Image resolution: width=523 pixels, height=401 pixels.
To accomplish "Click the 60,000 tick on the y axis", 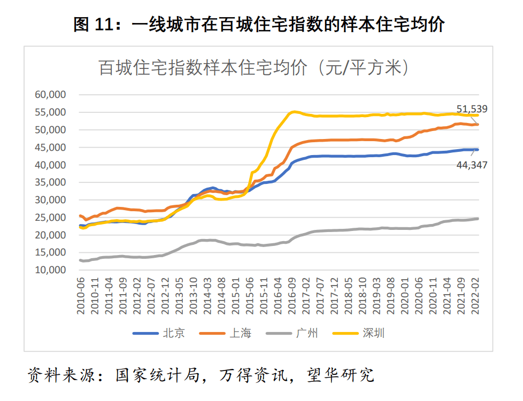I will tap(50, 95).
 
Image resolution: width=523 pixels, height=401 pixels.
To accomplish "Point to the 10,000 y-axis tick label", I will tap(50, 270).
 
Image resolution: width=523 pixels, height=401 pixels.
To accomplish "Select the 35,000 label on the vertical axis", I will tap(50, 182).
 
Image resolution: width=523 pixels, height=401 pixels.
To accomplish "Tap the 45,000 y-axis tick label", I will tap(50, 147).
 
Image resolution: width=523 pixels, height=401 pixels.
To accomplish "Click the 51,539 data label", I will tap(472, 110).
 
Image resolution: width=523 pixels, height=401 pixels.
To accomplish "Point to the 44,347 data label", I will tap(472, 166).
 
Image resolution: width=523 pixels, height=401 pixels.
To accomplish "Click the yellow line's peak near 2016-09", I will tap(294, 112).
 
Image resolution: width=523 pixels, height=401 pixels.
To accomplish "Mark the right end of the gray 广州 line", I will tap(478, 218).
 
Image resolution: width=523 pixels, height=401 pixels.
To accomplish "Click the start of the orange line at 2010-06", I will tap(80, 216).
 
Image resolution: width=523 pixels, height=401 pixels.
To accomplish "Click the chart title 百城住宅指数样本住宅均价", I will tap(203, 68).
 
